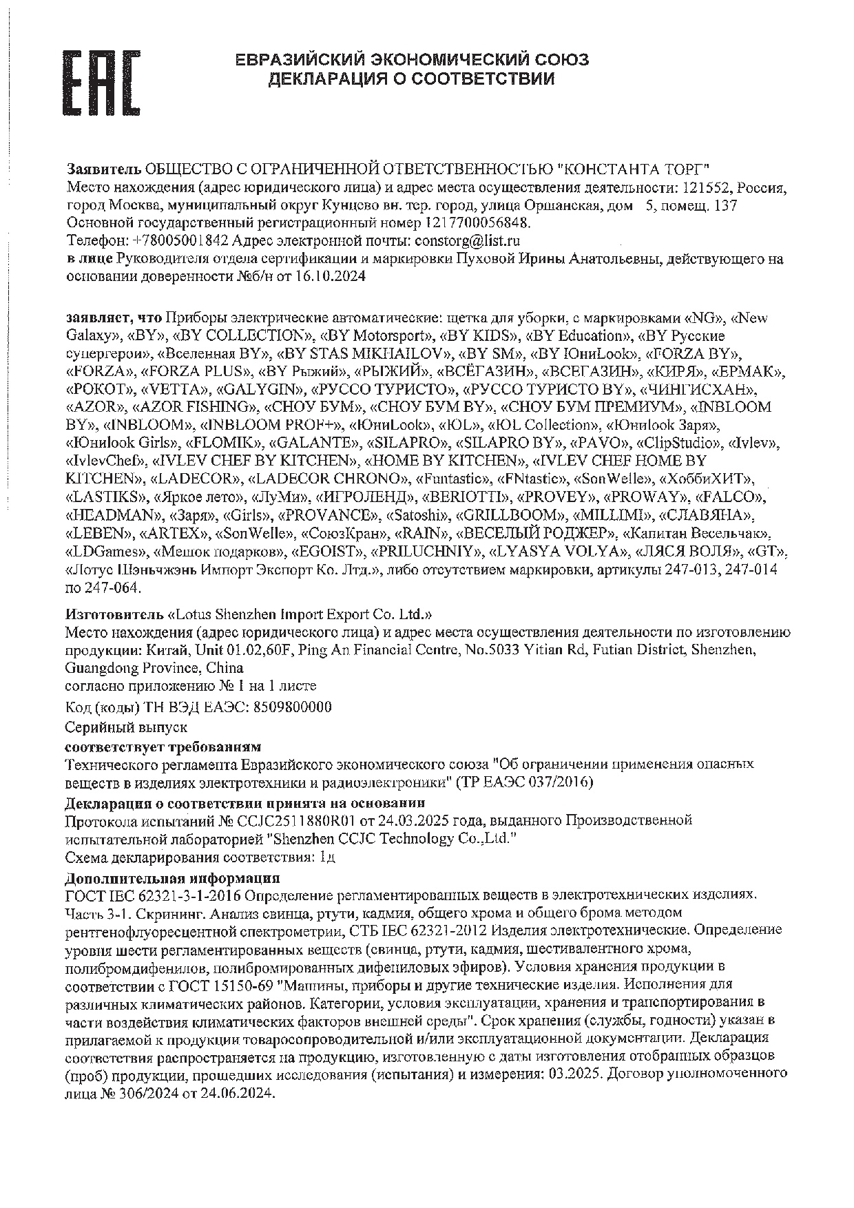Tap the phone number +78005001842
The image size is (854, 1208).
click(x=181, y=240)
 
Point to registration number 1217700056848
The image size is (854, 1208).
click(x=478, y=222)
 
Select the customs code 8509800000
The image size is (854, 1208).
click(x=293, y=707)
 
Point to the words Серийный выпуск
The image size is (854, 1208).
click(x=126, y=727)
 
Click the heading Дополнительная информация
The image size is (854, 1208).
click(x=172, y=878)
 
